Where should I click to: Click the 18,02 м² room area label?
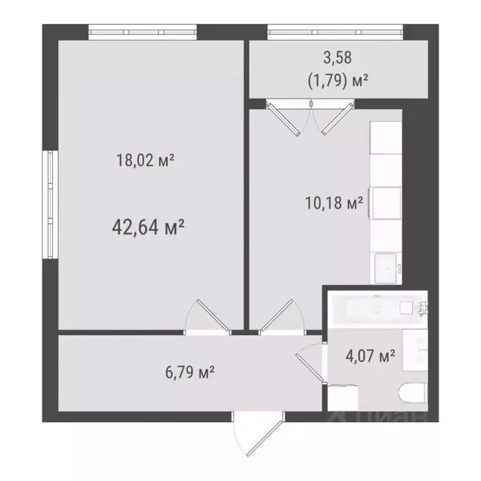145,161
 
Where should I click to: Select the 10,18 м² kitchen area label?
333,204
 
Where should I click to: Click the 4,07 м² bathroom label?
370,357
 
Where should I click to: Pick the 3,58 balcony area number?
338,58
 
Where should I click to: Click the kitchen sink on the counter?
386,267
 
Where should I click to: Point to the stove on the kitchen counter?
386,200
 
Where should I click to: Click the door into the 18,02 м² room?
210,316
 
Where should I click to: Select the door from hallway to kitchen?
279,317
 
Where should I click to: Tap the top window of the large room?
143,32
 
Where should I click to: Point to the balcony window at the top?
335,31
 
